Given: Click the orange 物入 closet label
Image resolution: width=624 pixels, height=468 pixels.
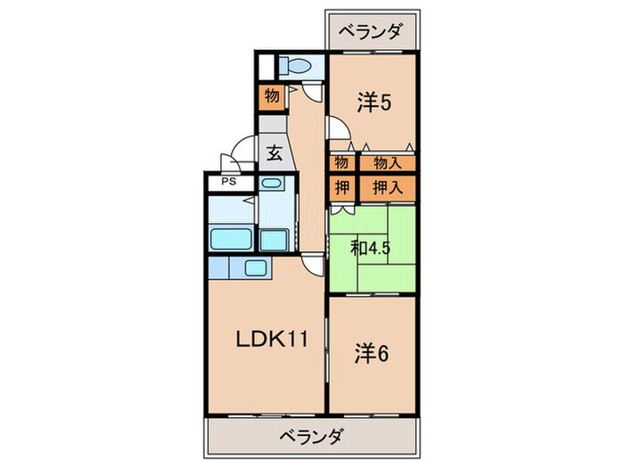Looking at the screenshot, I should pos(388,163).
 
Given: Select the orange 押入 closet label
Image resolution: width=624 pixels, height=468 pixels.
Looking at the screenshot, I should pos(388,187).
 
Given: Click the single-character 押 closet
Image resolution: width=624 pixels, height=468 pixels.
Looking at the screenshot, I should pos(341,187).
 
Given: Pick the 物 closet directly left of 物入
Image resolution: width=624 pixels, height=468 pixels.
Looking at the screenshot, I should pos(341,163).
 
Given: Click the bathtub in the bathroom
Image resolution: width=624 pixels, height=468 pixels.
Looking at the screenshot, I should pos(232,238).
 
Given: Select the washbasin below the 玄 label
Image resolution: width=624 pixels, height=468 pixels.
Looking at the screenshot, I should pos(273,185).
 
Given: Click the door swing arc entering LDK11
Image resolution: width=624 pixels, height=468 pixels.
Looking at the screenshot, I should pos(312,260).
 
